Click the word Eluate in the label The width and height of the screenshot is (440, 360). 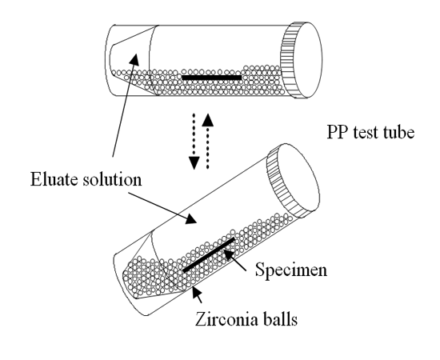tap(54, 179)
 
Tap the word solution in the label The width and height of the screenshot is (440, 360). tap(112, 179)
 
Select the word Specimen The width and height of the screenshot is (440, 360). tap(291, 270)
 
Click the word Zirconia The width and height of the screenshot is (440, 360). tap(226, 319)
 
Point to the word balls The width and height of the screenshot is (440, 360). tap(279, 319)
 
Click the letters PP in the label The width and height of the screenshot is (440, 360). tap(338, 132)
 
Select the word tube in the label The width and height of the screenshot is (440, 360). tap(398, 132)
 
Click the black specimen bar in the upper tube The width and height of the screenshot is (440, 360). tap(211, 78)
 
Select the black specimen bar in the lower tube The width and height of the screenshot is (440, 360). tap(209, 254)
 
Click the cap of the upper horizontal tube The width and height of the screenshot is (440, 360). tap(301, 60)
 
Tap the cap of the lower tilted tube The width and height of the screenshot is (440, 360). tap(293, 182)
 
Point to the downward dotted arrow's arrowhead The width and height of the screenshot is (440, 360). tap(194, 162)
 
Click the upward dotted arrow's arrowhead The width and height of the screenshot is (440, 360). tap(208, 119)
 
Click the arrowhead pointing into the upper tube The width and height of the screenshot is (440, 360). tap(135, 59)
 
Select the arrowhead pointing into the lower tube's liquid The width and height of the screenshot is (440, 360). tap(191, 219)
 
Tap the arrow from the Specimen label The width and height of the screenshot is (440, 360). tap(234, 260)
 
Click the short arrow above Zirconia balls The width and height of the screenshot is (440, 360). tap(197, 295)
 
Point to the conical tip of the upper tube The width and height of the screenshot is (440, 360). tap(130, 60)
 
